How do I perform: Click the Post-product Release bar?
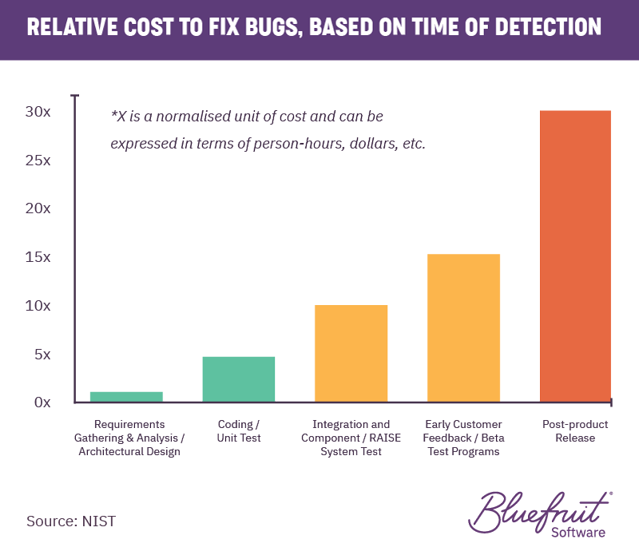point(575,256)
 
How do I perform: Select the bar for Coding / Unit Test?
point(239,379)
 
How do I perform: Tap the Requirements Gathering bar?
point(126,397)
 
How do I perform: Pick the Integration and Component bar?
point(351,353)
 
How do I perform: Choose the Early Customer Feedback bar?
point(463,327)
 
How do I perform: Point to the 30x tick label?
point(37,112)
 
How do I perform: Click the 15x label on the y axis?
point(37,257)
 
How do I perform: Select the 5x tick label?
point(40,354)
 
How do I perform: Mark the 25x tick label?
point(37,161)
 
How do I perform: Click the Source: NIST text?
point(71,521)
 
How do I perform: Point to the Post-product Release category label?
point(574,431)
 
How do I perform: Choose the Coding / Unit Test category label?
point(239,431)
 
